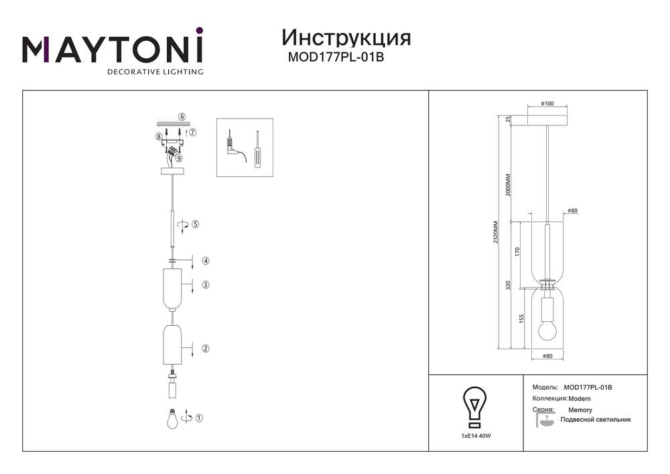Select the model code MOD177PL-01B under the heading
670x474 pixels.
(x=336, y=58)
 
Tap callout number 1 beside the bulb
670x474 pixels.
(x=199, y=418)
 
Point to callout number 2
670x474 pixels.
(x=206, y=349)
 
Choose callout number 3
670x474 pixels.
(x=206, y=285)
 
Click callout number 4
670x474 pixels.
(x=206, y=261)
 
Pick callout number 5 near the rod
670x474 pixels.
(x=196, y=224)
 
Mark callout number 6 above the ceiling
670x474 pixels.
(x=182, y=117)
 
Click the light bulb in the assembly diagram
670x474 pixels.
(x=172, y=418)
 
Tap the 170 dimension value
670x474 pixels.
(x=517, y=252)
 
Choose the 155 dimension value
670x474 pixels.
(x=517, y=320)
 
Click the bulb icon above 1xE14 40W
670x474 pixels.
(x=475, y=406)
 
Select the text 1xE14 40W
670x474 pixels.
(x=476, y=436)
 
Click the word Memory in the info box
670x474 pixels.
(x=580, y=410)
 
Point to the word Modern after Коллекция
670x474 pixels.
(x=580, y=399)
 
